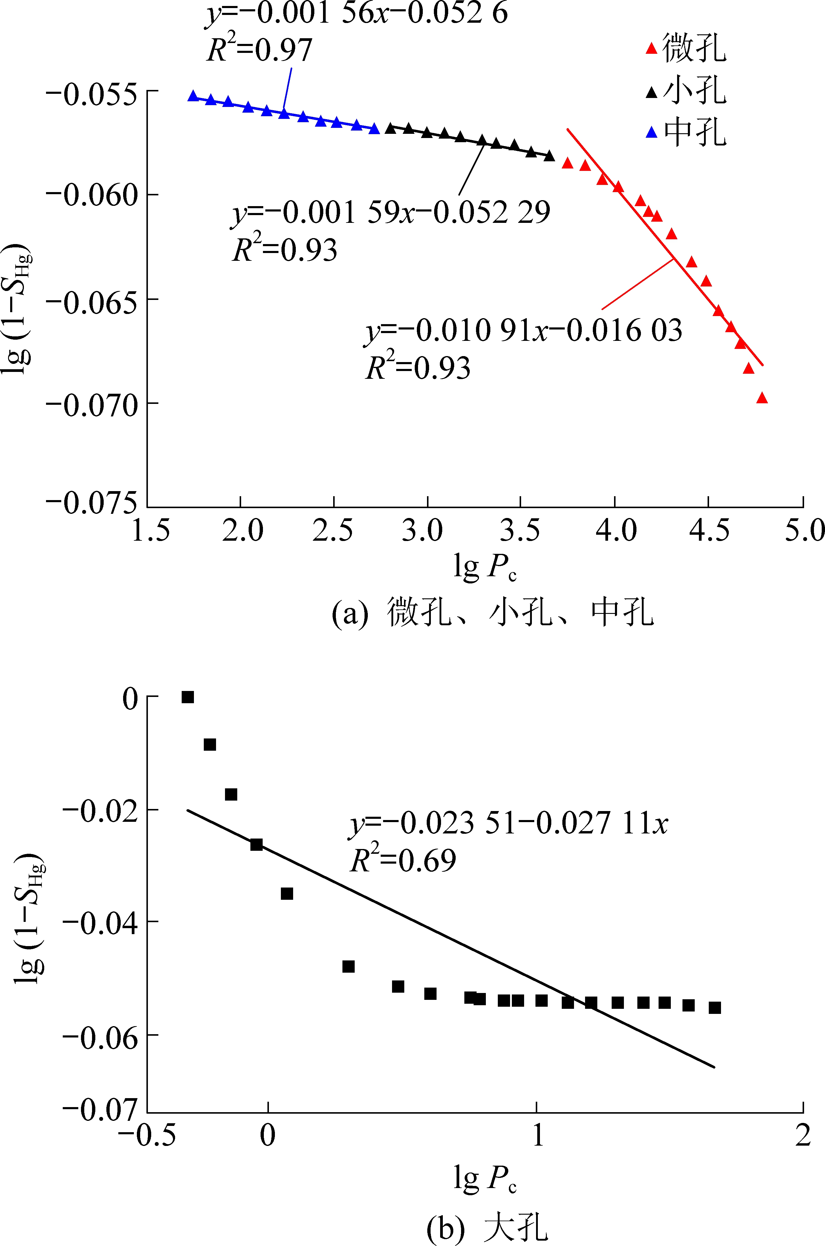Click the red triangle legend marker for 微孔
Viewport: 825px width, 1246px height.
651,48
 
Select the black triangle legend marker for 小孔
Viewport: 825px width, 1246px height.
651,92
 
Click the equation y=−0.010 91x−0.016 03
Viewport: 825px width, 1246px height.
524,331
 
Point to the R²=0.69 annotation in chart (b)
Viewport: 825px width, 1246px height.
402,861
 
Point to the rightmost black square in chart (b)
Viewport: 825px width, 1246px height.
714,1008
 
